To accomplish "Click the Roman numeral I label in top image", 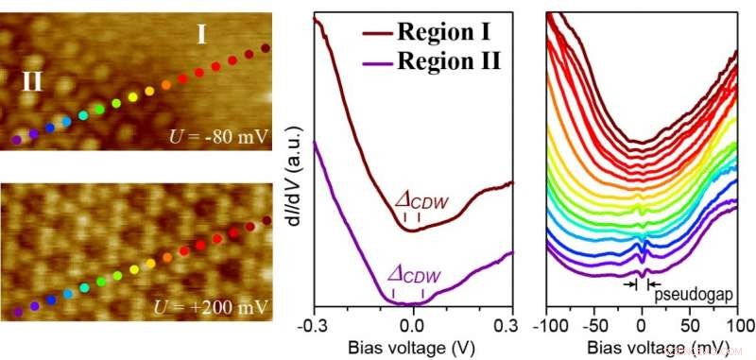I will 201,36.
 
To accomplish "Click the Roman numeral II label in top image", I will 32,80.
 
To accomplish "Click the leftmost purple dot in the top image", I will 16,139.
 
